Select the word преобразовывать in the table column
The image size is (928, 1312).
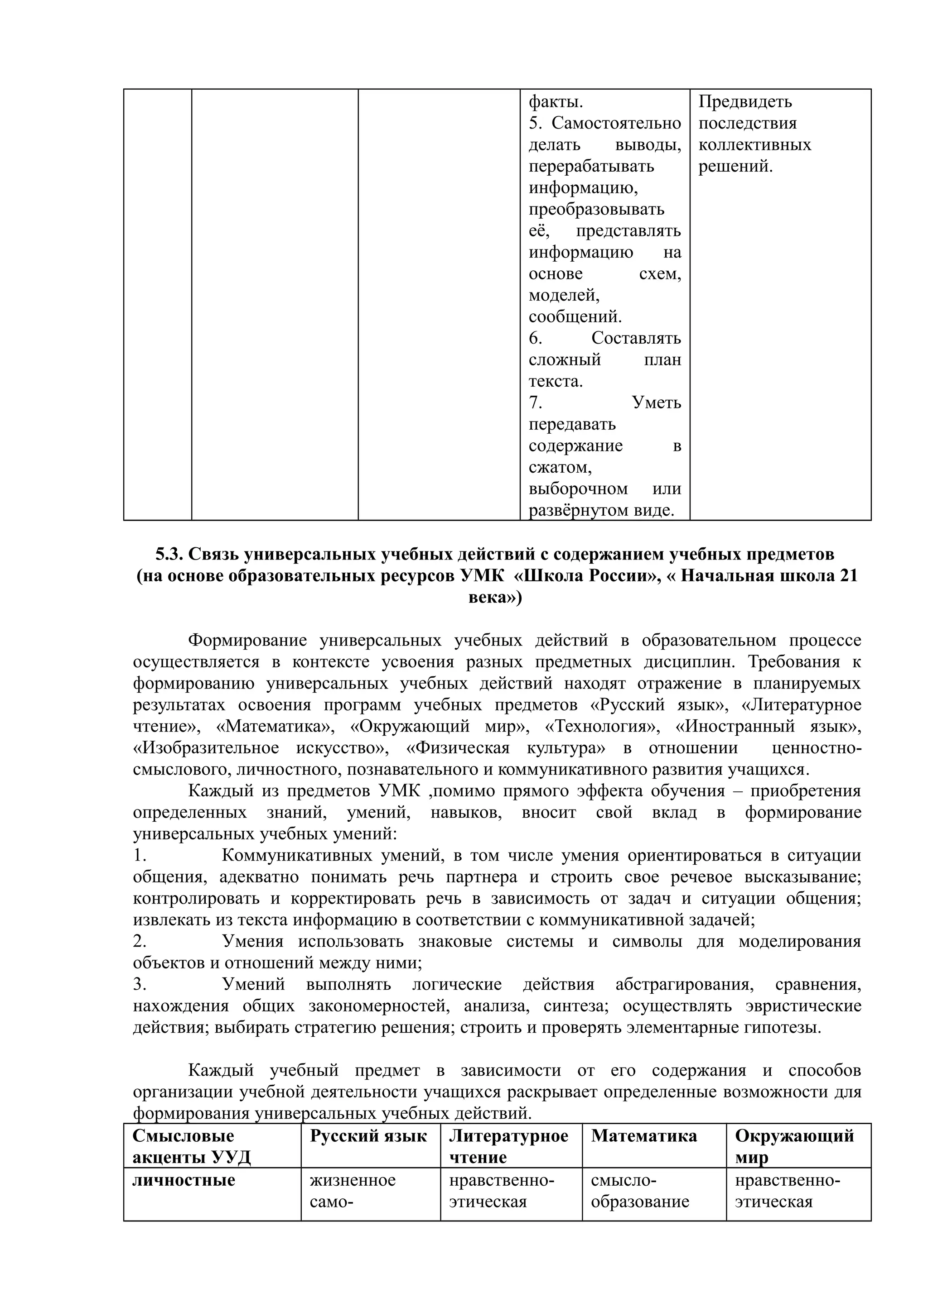(x=596, y=209)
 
